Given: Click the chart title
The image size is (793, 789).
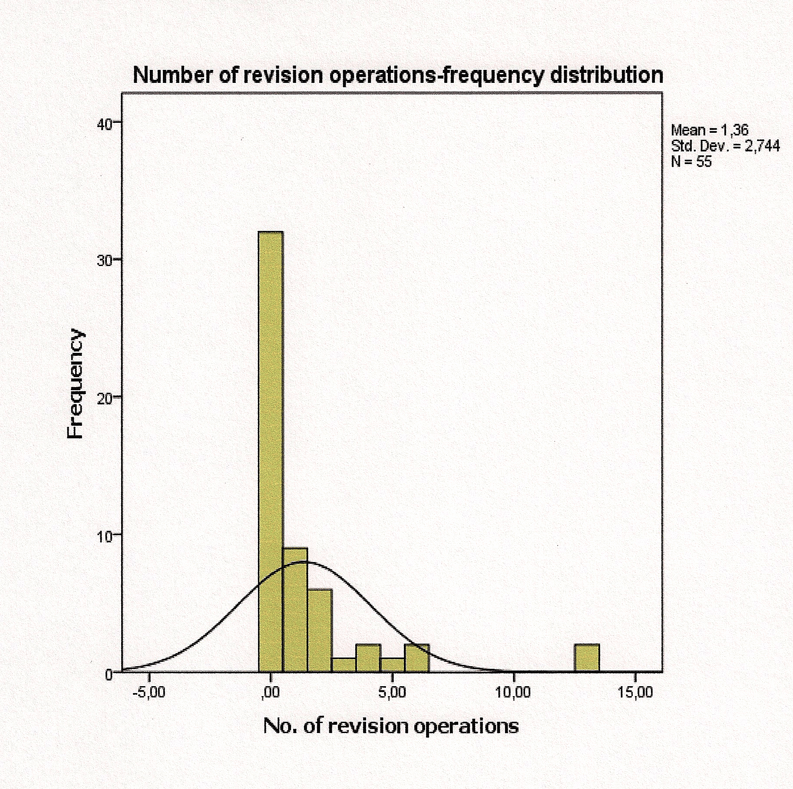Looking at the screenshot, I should click(398, 76).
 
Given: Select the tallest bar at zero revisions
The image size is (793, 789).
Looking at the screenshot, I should click(271, 451).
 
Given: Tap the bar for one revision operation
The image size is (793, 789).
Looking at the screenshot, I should click(295, 609).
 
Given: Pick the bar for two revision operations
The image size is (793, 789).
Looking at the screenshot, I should click(320, 630).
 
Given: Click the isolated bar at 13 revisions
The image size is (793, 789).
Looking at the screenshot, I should click(587, 657).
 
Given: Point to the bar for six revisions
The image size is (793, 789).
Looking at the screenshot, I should click(417, 657).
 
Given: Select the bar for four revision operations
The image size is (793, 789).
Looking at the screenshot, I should click(368, 657).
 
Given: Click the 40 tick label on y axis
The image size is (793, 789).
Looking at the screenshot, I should click(106, 123).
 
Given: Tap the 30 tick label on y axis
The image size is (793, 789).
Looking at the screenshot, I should click(106, 260).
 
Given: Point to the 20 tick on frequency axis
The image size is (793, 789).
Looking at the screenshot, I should click(106, 398).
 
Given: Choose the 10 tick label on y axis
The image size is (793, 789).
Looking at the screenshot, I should click(106, 535).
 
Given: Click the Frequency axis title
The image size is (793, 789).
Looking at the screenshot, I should click(76, 384).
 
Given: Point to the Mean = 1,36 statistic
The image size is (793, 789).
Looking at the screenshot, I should click(710, 130).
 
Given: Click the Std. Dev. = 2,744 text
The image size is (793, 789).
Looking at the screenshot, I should click(725, 146).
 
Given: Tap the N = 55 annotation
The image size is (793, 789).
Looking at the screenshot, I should click(691, 161).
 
